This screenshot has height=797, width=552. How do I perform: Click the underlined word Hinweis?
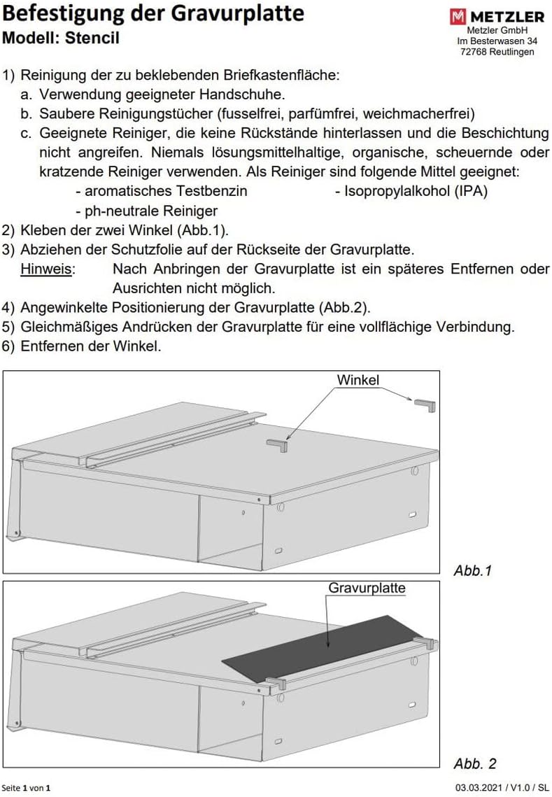[x=47, y=269]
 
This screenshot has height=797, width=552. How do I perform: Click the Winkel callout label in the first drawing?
[x=358, y=380]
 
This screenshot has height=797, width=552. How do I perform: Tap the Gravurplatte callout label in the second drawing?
[x=367, y=588]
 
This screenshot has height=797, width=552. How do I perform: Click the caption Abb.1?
[x=473, y=570]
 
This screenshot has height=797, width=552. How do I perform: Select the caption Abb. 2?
[x=475, y=763]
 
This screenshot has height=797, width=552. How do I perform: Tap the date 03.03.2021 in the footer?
[x=479, y=788]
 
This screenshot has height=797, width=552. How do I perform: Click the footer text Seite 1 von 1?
[x=27, y=788]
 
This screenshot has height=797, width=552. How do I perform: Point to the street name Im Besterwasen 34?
[x=497, y=41]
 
